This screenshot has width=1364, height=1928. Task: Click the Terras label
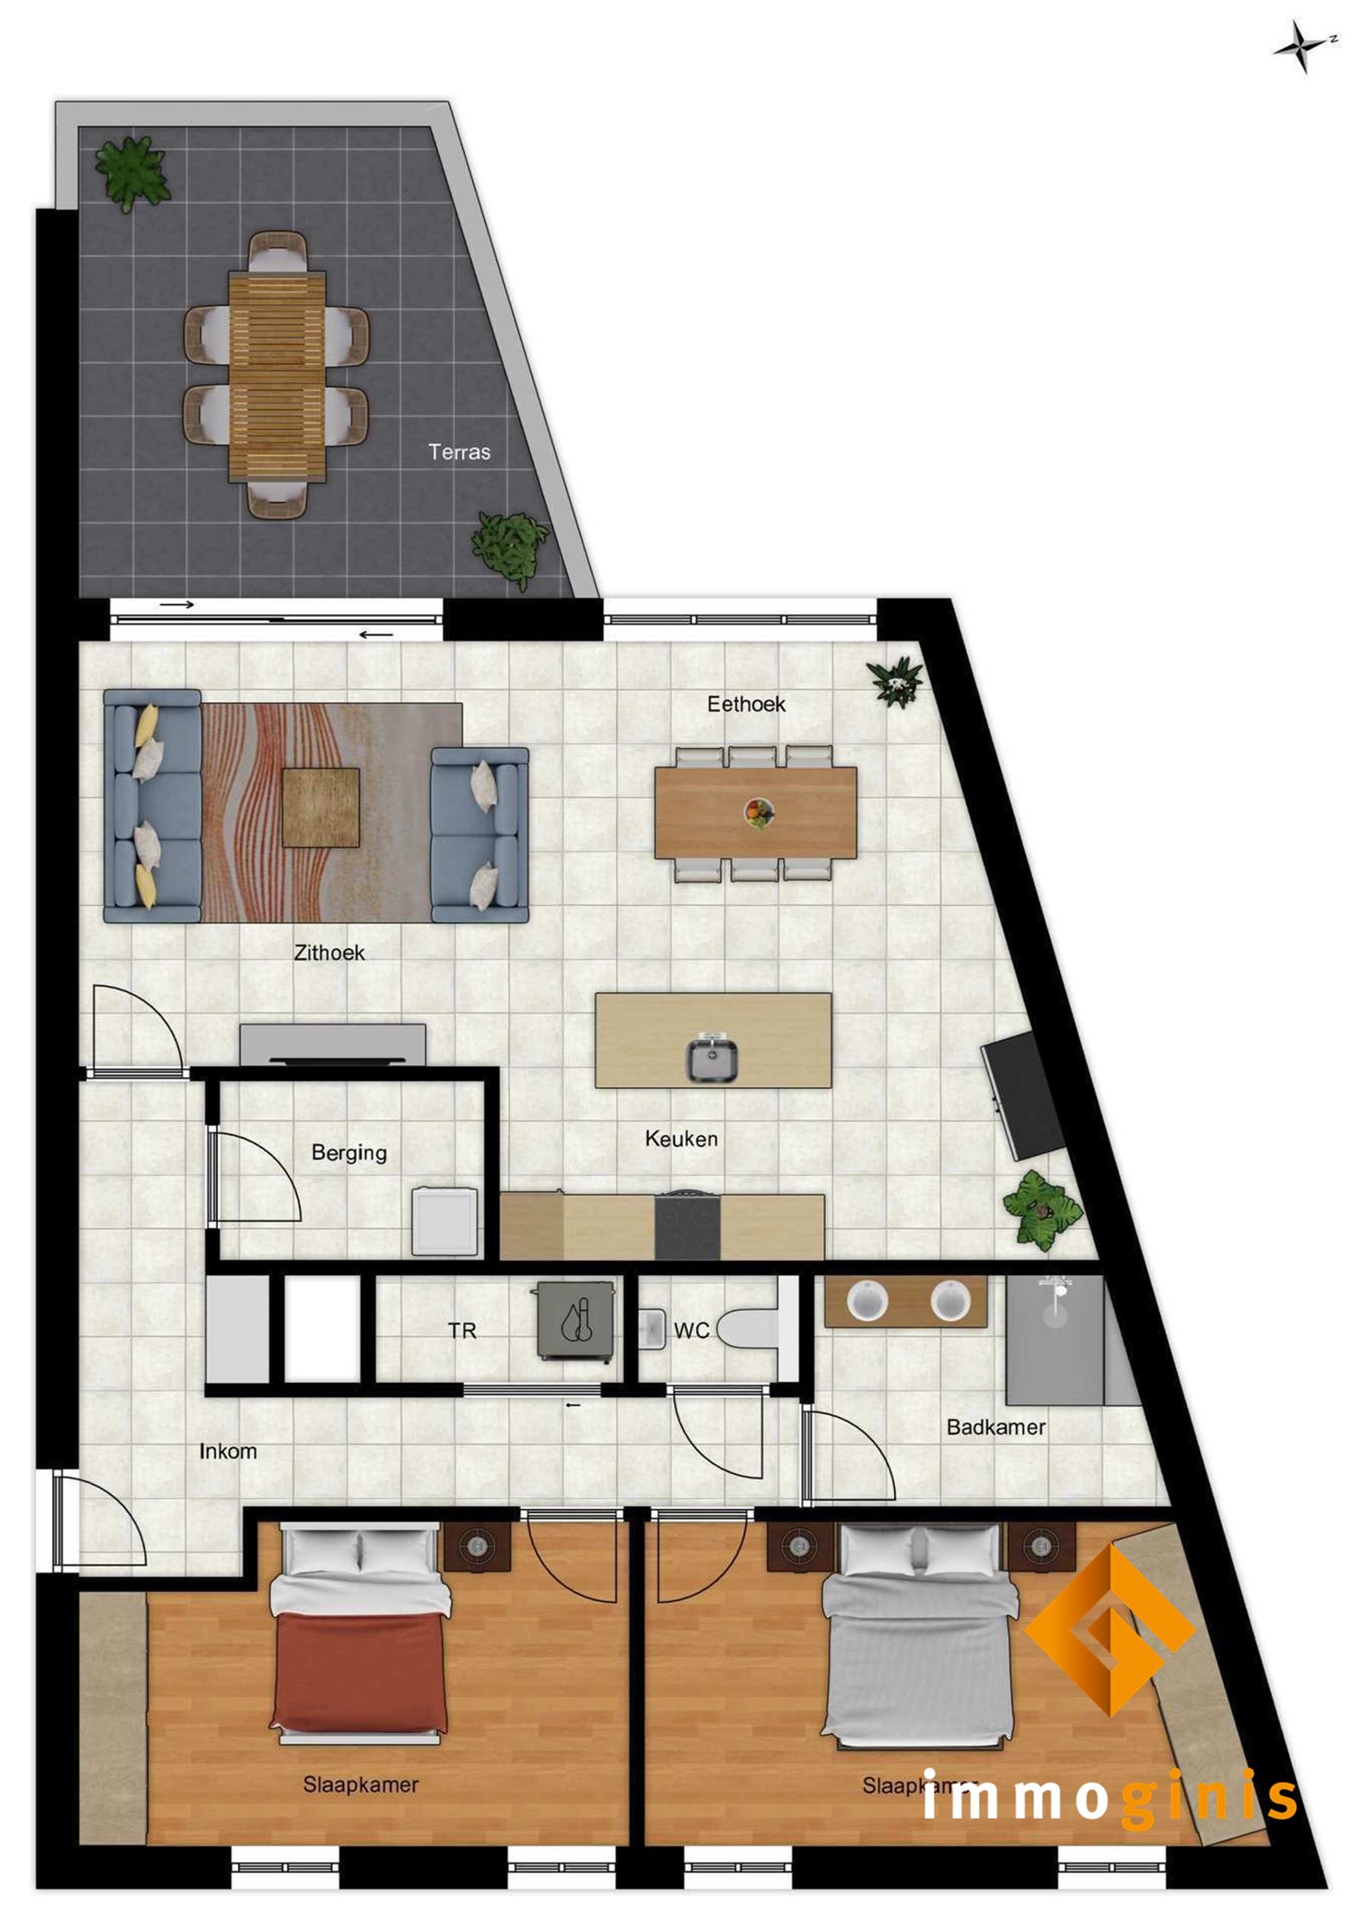point(458,452)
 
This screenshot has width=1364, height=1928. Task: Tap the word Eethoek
point(746,704)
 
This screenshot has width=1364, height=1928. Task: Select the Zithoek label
point(329,953)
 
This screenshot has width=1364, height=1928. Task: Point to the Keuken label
point(681,1138)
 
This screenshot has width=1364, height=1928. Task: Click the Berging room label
point(349,1152)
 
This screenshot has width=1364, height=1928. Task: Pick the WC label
point(691,1330)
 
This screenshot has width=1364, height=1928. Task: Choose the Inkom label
point(227,1451)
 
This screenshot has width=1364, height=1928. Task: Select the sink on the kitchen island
point(712,1060)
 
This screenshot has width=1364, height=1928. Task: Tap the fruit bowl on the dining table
point(759,812)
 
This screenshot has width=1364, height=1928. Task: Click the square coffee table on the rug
point(321,807)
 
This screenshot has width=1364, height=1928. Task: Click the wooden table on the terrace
point(277,375)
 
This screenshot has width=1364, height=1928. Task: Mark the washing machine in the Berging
point(444,1221)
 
